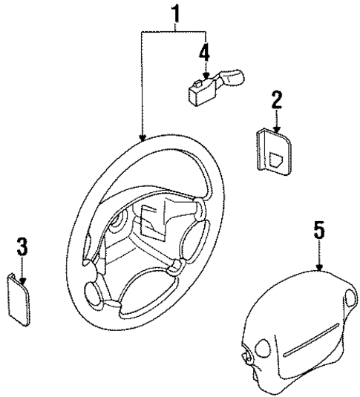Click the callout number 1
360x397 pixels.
point(176,13)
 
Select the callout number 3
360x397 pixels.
point(22,246)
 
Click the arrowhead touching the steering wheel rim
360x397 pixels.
point(143,138)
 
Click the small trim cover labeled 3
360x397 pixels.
point(22,298)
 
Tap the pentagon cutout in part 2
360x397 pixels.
point(281,157)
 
